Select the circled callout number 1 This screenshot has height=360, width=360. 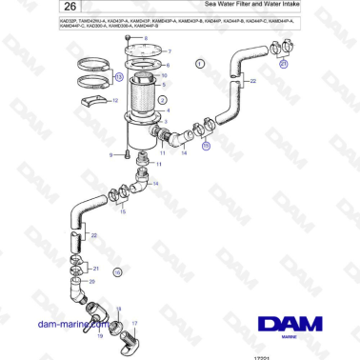tap(201, 64)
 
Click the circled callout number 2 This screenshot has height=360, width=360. tap(163, 99)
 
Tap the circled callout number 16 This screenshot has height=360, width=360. tap(118, 272)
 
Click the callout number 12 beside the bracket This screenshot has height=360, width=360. tap(116, 99)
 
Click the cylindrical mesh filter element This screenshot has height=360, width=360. tap(145, 106)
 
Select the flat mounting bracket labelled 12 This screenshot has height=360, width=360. tap(93, 99)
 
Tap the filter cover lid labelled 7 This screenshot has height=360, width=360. tap(148, 50)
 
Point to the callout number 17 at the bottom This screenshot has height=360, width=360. tap(134, 324)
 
